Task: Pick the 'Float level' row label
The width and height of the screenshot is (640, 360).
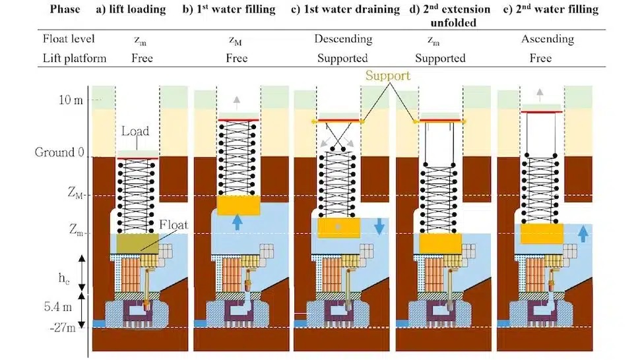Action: pos(67,40)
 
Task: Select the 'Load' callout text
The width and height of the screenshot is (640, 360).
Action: pos(135,131)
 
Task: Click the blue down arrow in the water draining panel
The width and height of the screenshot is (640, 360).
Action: pos(379,225)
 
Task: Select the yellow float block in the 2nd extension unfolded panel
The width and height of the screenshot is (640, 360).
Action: pos(439,244)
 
